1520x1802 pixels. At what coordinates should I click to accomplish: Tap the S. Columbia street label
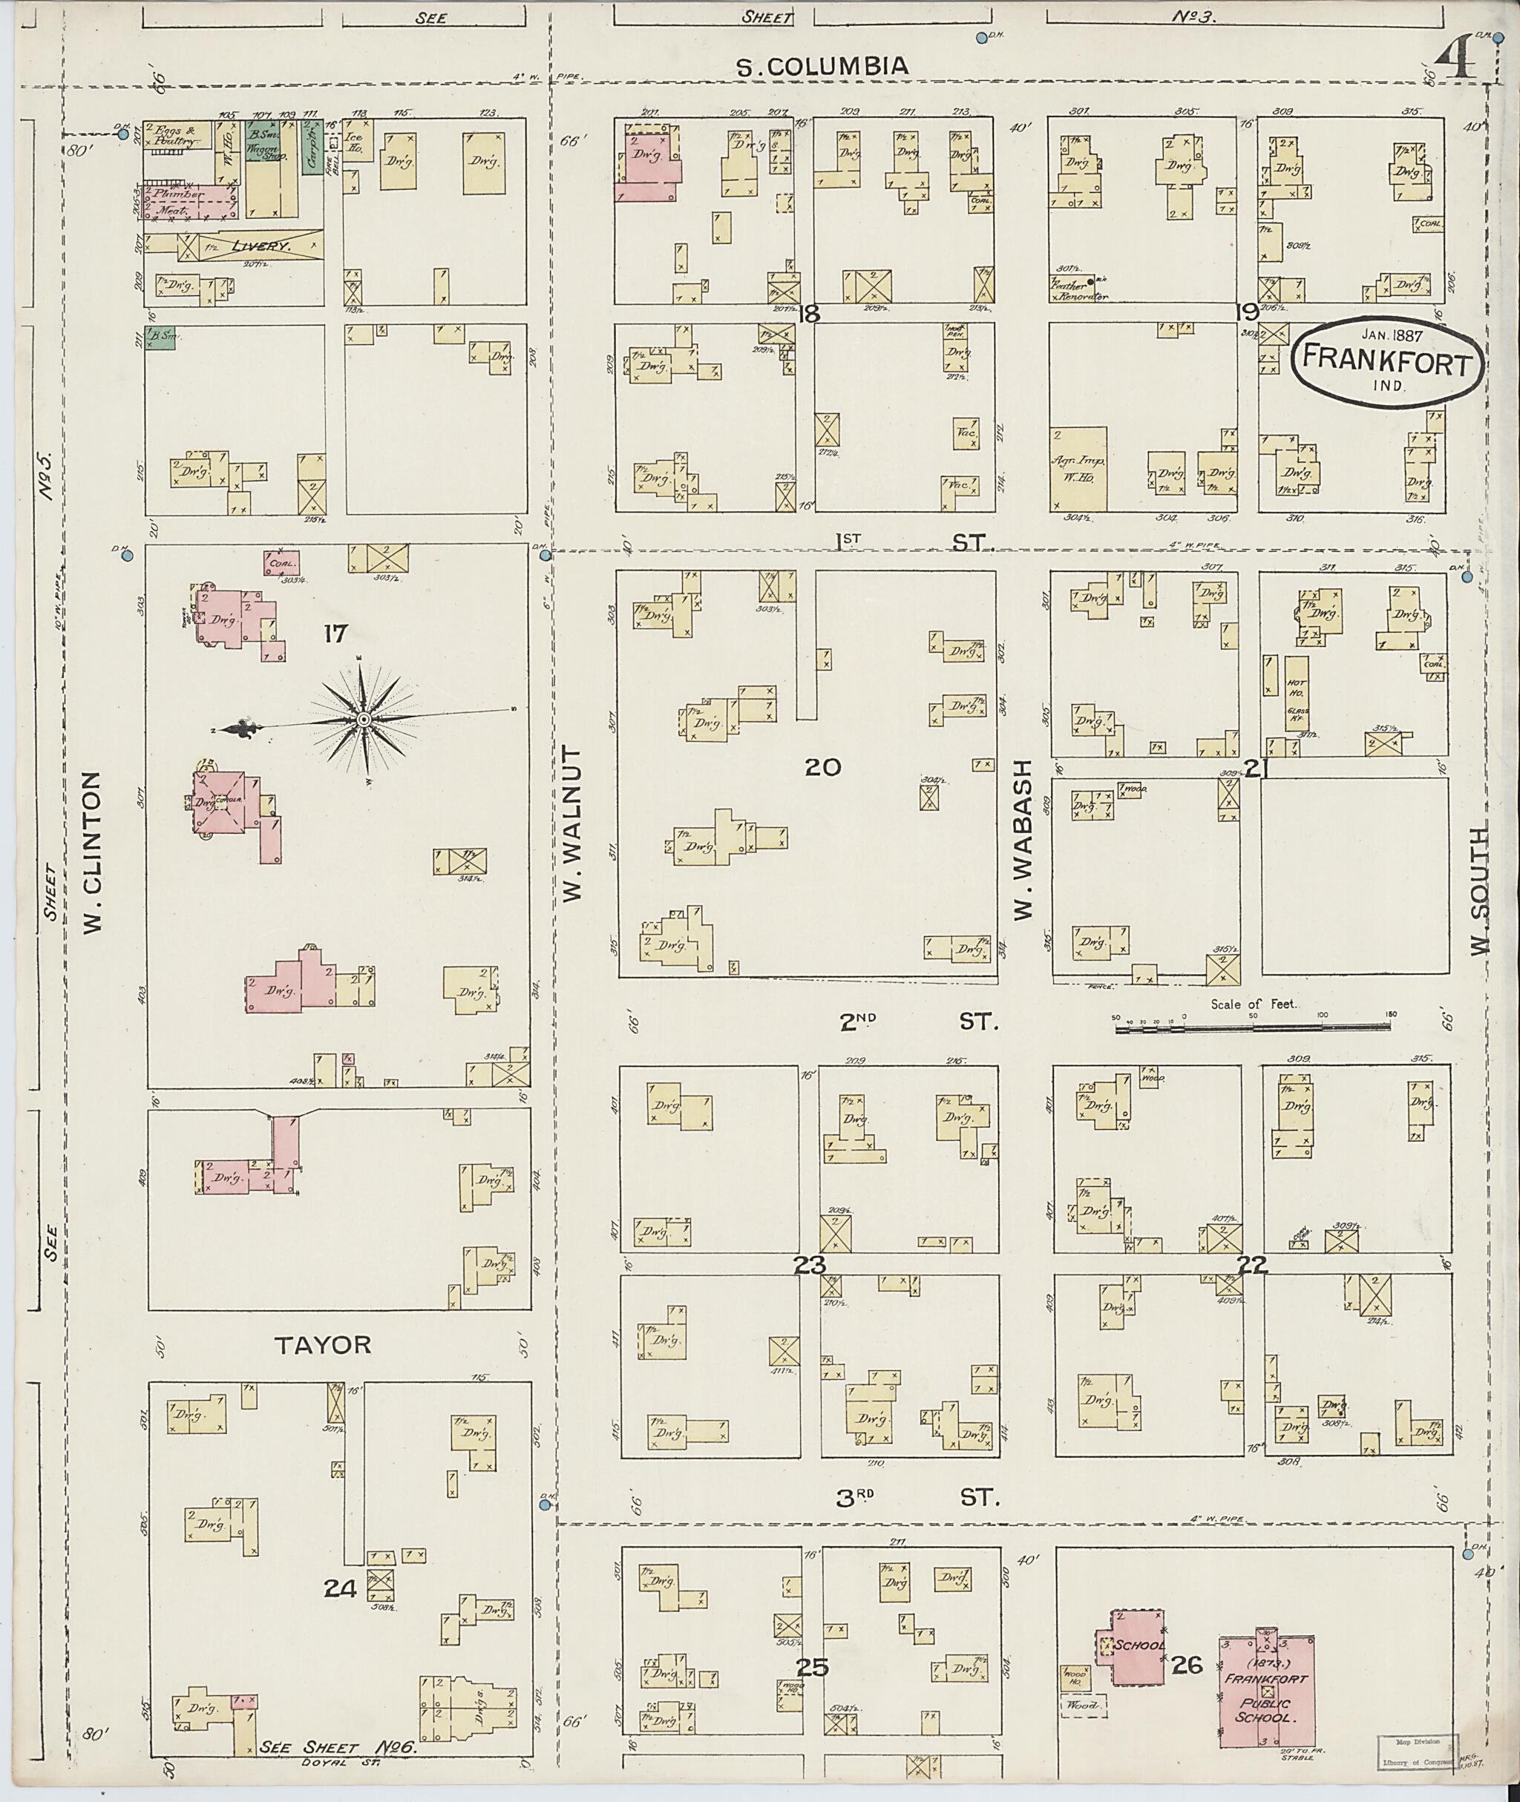824,66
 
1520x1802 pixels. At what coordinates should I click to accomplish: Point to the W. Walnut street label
572,824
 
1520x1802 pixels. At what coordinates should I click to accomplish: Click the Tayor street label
323,1344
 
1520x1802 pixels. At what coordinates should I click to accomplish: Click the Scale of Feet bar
1252,1027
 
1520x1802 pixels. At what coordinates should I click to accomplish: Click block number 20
822,766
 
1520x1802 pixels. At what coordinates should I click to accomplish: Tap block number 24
341,1588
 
